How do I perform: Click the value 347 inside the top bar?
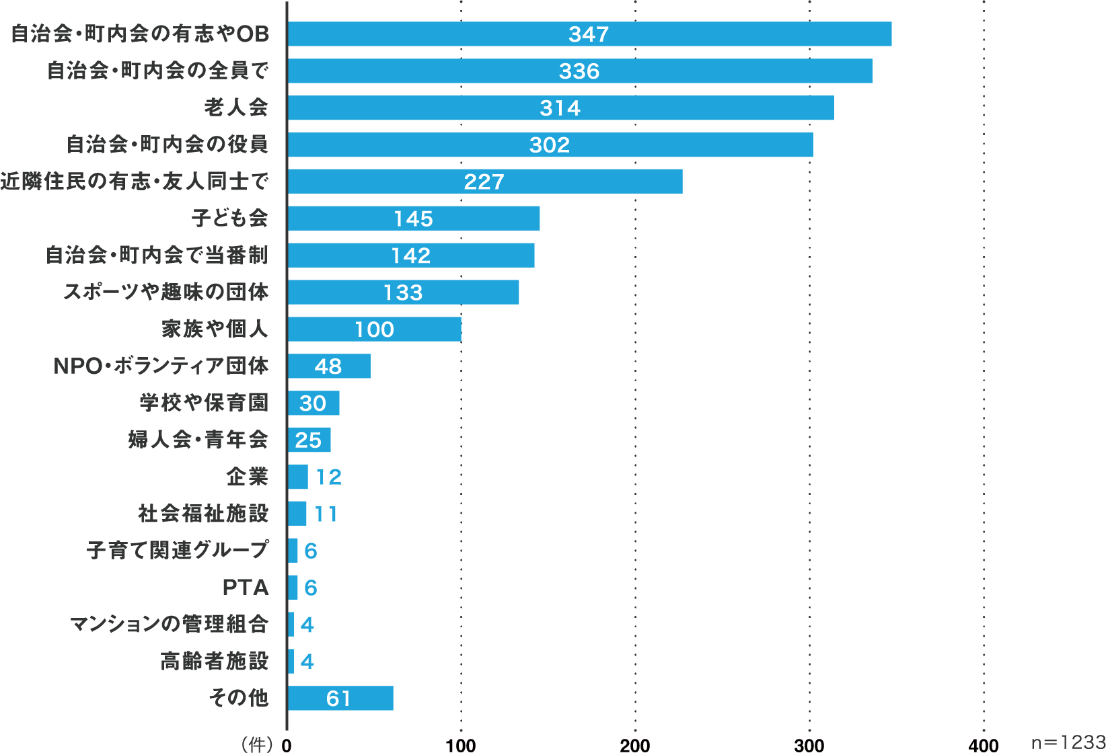(x=589, y=34)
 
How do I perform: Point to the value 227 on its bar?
(x=484, y=182)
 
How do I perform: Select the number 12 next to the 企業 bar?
(x=328, y=477)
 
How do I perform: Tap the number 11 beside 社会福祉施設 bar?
(x=326, y=514)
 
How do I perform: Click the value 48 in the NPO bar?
(x=328, y=366)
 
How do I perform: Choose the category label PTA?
(x=246, y=588)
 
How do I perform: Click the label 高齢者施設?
(x=215, y=662)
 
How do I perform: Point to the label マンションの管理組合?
(x=170, y=625)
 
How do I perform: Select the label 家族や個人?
(x=215, y=329)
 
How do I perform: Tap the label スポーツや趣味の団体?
(x=166, y=292)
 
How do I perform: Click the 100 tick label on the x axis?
(x=461, y=744)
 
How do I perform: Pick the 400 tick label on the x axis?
(x=984, y=744)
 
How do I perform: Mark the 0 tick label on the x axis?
(x=287, y=744)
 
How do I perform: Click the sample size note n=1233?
(x=1068, y=742)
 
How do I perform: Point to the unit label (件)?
(x=257, y=744)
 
